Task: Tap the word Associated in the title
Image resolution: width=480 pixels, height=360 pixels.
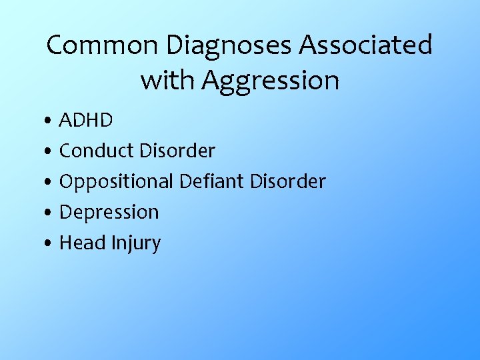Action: [x=366, y=45]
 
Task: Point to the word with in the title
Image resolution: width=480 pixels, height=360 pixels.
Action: [x=167, y=81]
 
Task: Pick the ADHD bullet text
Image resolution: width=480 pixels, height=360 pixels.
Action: [x=86, y=121]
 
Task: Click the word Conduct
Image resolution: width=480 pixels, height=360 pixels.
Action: [x=97, y=151]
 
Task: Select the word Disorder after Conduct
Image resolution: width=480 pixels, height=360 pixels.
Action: [x=177, y=151]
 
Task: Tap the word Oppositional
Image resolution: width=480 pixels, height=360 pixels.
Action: [x=115, y=181]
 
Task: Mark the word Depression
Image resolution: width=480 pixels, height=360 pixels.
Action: [x=109, y=213]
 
